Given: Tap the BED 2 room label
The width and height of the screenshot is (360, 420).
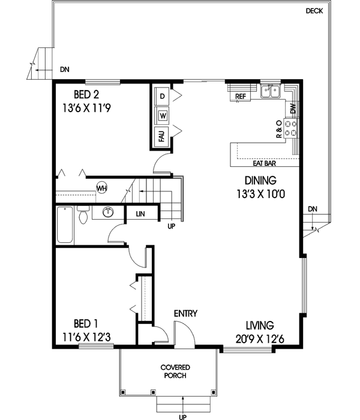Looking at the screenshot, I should point(86,94).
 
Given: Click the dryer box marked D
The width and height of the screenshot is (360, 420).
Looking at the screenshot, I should point(162,95).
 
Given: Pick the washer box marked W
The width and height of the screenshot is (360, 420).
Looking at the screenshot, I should point(162,115).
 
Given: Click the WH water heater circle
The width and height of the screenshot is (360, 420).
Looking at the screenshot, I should point(101,188).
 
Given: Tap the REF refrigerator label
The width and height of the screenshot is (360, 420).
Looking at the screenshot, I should point(241,96).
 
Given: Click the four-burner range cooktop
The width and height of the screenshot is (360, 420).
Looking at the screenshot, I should point(291,127).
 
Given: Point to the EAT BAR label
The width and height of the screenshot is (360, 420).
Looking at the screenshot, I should point(265,163).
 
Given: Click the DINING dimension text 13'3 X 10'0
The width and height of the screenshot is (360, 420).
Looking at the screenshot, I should point(260,193).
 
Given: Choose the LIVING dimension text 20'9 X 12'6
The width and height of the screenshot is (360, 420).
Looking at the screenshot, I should point(260,339).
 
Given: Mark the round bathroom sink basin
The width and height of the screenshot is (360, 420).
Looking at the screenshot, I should point(109,212).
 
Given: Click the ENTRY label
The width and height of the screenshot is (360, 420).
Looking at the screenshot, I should point(186,314).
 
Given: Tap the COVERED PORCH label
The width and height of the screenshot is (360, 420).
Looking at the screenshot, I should point(173,371).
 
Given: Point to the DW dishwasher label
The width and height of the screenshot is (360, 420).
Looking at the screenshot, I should point(293,109).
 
